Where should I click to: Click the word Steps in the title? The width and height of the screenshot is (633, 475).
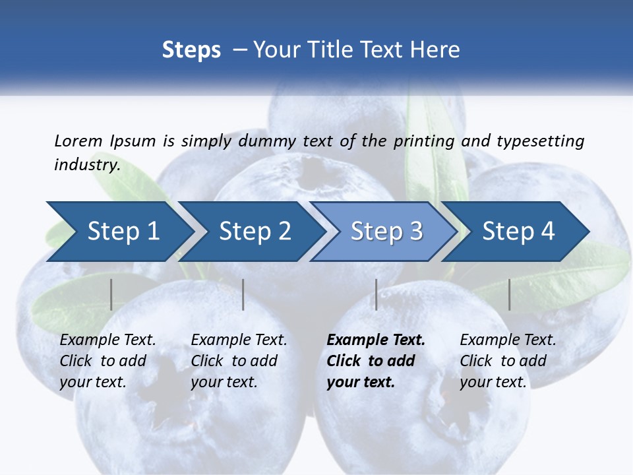point(191,50)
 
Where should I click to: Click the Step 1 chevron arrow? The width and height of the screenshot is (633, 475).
point(123,232)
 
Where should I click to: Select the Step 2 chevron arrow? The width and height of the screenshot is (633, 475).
point(255,232)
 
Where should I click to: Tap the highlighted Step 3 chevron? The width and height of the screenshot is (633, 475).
point(386,232)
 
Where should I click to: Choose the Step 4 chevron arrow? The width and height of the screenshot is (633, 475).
point(518,232)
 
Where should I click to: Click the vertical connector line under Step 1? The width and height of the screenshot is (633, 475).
point(111,294)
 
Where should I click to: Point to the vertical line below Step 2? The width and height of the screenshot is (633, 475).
point(243,294)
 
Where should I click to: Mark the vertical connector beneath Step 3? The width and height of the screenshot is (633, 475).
point(376,294)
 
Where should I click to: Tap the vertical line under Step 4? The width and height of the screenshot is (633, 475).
point(509,294)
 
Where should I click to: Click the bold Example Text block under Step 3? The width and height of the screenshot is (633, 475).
point(376,361)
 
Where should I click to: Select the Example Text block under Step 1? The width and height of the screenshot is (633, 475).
point(107,361)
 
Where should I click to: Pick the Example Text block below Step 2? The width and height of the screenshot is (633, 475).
point(239,361)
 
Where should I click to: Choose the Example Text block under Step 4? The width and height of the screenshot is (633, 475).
point(508,361)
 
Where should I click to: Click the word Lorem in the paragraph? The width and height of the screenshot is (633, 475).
point(78,141)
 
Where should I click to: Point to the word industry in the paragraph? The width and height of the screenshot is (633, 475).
point(86,165)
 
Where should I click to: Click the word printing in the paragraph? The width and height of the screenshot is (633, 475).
point(424,141)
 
